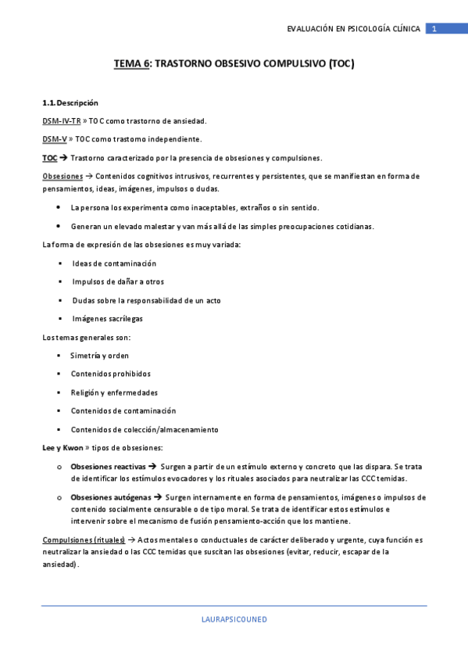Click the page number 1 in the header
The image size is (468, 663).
[434, 29]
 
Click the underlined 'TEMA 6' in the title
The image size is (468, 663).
[131, 65]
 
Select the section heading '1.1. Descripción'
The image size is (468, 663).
[70, 103]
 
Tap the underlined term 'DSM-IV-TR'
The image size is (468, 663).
[61, 121]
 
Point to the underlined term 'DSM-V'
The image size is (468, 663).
[55, 139]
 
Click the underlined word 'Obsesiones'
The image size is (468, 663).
[62, 176]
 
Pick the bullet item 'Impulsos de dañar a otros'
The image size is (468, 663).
[118, 281]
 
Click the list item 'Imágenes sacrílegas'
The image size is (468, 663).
[107, 318]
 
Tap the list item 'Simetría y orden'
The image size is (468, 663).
[100, 355]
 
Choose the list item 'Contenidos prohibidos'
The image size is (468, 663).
[110, 374]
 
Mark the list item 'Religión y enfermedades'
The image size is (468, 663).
[114, 392]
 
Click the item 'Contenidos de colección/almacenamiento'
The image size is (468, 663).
[145, 429]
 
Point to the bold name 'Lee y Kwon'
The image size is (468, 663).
[61, 448]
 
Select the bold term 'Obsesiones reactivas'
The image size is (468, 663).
[108, 466]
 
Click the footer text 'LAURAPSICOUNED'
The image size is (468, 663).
[234, 619]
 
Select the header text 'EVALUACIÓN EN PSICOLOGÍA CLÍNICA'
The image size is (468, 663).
[354, 29]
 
